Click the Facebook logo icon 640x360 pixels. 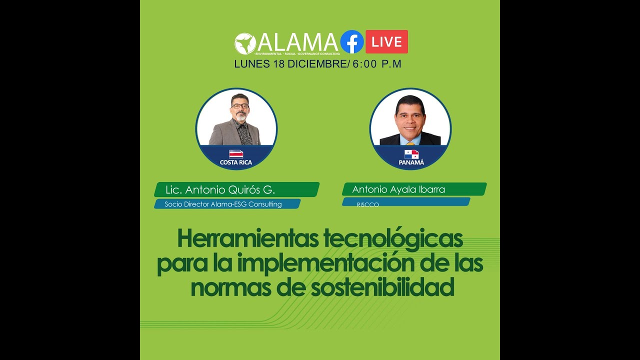[352, 42]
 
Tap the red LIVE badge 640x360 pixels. [386, 42]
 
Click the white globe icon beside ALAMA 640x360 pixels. [245, 43]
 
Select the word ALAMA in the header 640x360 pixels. [298, 42]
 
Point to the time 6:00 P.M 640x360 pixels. [377, 64]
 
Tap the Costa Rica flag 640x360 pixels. [236, 154]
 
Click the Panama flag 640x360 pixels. [411, 154]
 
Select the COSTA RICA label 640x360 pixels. [236, 162]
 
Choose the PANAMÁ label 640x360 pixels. [411, 162]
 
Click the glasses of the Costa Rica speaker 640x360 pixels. [239, 106]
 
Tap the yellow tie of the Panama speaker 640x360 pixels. [410, 143]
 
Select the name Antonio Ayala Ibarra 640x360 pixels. [398, 190]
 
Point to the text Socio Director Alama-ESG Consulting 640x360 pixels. [223, 204]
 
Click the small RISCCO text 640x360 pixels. [367, 204]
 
